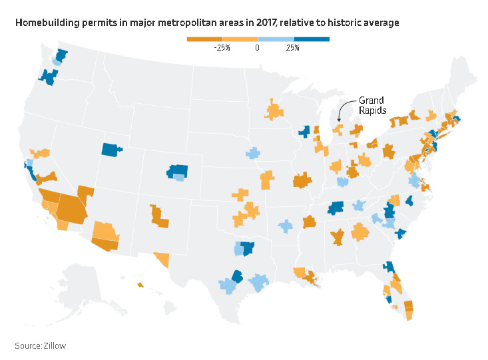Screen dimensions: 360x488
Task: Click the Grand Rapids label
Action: click(371, 106)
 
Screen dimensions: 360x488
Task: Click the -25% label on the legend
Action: click(222, 48)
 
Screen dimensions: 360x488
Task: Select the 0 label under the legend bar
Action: click(257, 48)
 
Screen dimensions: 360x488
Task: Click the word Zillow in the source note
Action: click(55, 345)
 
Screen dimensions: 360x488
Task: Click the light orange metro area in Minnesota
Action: click(274, 110)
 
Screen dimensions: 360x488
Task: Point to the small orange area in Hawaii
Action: click(140, 285)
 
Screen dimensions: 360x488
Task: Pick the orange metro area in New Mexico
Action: click(160, 216)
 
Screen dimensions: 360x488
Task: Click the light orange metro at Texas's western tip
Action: click(161, 258)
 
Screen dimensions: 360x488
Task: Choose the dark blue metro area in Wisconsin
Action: click(305, 131)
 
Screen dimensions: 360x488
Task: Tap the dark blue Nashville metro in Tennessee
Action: click(336, 208)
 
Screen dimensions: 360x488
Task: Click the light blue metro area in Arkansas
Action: click(286, 226)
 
